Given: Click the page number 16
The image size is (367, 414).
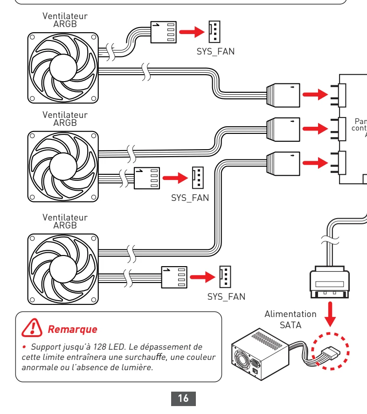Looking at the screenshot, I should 183,398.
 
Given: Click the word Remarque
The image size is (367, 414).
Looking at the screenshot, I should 73,329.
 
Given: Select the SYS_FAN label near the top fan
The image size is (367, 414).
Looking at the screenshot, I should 215,52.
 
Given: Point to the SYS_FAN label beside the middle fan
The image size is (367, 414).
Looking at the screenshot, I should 190,198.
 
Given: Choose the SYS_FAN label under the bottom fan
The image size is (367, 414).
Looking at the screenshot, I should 226,297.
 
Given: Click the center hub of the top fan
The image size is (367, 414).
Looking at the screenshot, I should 63,68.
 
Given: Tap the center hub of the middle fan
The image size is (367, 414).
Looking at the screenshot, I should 63,166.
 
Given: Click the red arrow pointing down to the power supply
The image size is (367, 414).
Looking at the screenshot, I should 330,315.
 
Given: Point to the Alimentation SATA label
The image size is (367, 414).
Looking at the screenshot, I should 290,319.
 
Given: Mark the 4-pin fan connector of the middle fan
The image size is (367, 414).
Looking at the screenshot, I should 147,178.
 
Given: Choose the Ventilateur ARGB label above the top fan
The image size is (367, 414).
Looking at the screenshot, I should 65,20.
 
